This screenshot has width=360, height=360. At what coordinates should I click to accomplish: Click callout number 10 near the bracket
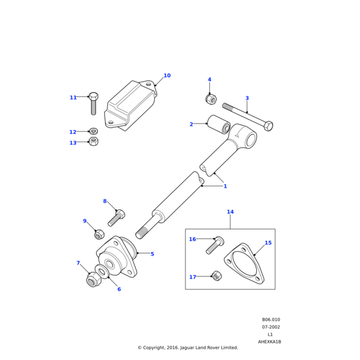[x=167, y=76]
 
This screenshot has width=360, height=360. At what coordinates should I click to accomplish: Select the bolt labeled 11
[x=94, y=103]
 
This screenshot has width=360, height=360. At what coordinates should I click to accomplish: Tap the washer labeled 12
[x=93, y=131]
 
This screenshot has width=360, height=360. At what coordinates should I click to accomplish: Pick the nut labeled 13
[x=93, y=142]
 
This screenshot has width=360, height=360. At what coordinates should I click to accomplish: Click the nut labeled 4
[x=211, y=98]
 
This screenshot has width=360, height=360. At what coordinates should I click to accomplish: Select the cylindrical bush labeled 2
[x=219, y=124]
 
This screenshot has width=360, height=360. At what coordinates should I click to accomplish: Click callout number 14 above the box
[x=230, y=212]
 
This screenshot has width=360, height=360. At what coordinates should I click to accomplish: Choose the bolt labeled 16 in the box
[x=215, y=244]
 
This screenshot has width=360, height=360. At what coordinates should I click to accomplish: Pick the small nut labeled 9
[x=100, y=234]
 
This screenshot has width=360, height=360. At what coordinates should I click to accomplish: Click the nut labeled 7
[x=93, y=280]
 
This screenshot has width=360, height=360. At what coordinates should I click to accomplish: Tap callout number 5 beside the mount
[x=152, y=254]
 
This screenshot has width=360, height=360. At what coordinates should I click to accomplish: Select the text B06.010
[x=271, y=320]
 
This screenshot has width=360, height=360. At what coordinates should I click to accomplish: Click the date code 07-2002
[x=271, y=327]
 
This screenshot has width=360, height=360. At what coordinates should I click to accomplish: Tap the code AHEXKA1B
[x=269, y=341]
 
